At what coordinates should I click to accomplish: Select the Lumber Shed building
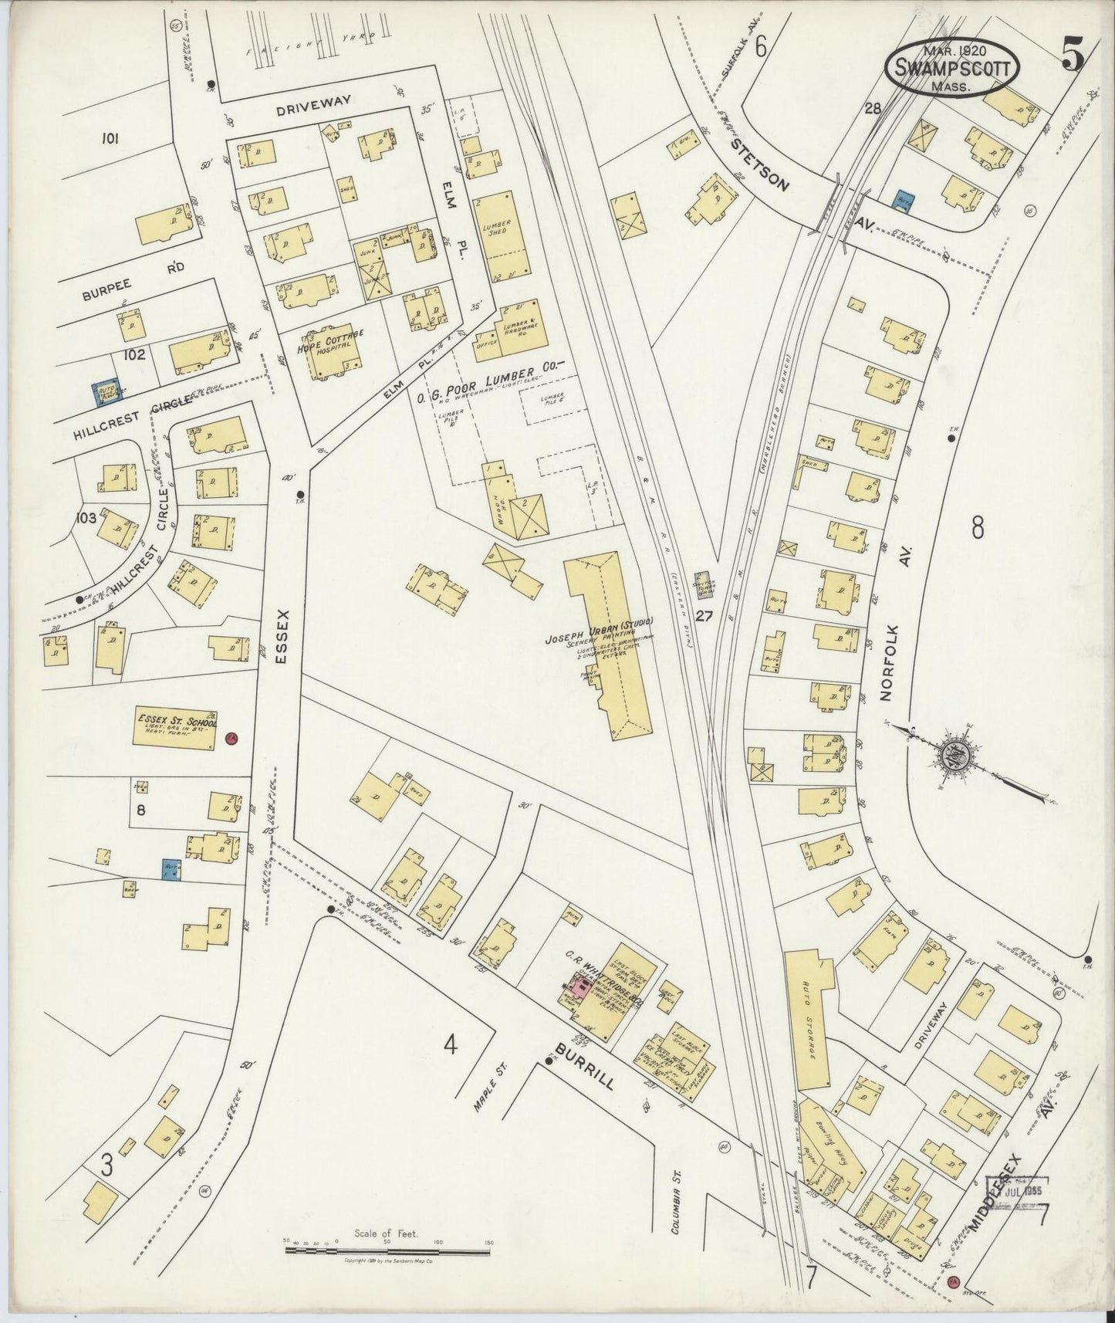pyautogui.click(x=502, y=236)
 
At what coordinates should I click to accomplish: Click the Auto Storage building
pyautogui.click(x=809, y=1020)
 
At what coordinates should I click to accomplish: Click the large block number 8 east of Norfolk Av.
pyautogui.click(x=978, y=528)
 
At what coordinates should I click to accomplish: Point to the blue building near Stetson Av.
pyautogui.click(x=901, y=200)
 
